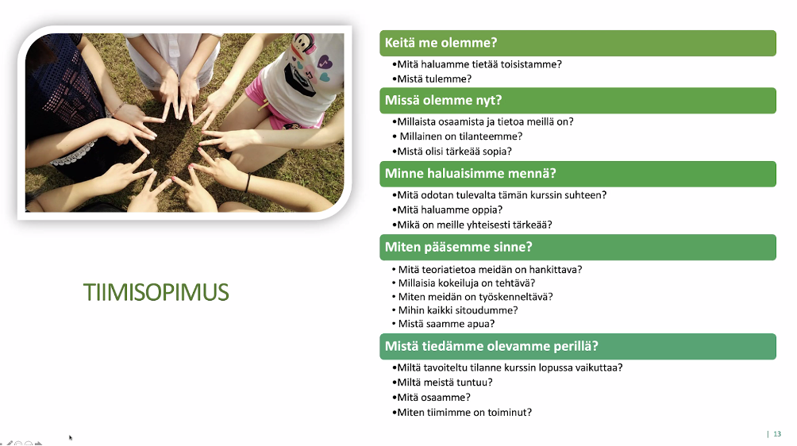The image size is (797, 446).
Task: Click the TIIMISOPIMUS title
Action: [x=156, y=292]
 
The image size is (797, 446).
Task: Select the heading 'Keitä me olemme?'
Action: [x=441, y=43]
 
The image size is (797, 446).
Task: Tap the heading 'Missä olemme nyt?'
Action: [x=443, y=100]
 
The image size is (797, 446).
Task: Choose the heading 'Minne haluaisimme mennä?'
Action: [x=470, y=173]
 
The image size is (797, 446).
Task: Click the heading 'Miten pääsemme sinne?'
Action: [x=459, y=247]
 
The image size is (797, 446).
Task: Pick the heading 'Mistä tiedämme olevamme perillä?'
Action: [x=491, y=346]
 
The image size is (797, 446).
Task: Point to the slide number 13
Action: [x=777, y=434]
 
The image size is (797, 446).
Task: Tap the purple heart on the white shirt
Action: [x=324, y=63]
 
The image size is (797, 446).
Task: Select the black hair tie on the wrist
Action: [x=248, y=183]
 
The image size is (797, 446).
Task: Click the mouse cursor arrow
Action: [x=71, y=437]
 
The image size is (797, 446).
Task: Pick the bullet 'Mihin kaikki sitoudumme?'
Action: [x=458, y=310]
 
